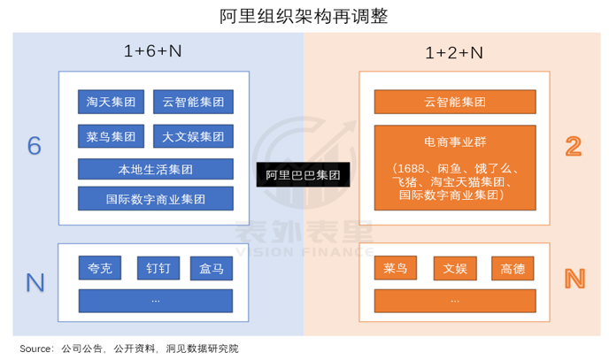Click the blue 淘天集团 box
tap(111, 102)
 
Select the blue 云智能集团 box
tap(193, 102)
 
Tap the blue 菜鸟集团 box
tap(111, 136)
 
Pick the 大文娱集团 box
tap(193, 136)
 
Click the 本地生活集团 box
tap(156, 169)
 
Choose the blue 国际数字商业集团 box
tap(156, 199)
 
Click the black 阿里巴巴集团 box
tap(303, 174)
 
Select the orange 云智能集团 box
tap(455, 102)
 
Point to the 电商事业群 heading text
tap(455, 142)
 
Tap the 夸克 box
tap(100, 268)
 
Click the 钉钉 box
tap(158, 268)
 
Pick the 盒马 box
tap(212, 268)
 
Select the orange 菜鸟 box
tap(396, 268)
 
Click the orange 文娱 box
tap(455, 268)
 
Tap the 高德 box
tap(513, 268)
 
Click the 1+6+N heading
tap(152, 50)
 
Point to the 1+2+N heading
tap(454, 53)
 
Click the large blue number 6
tap(35, 146)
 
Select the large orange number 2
tap(574, 146)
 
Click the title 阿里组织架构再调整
tap(304, 16)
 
